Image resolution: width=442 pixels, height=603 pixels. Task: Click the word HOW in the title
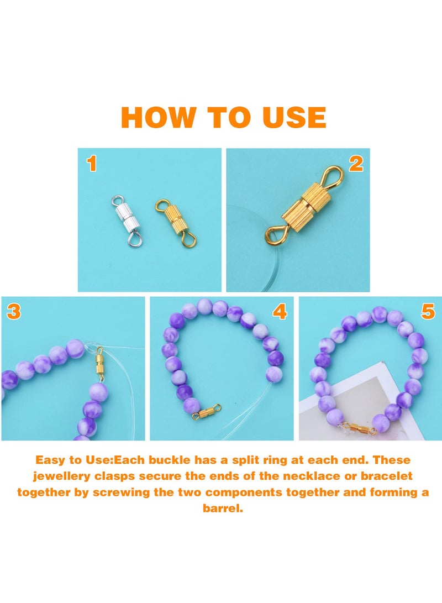[159, 117]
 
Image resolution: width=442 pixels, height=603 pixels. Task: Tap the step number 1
[91, 164]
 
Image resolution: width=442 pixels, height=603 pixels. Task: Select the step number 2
[356, 164]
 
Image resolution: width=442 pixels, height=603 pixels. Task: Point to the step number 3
[14, 311]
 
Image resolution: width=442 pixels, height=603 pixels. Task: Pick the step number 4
[280, 311]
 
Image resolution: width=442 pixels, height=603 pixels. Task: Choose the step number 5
[428, 311]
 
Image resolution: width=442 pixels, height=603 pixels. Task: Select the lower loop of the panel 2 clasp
[275, 234]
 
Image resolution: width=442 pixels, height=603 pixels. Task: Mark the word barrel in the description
[223, 508]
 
